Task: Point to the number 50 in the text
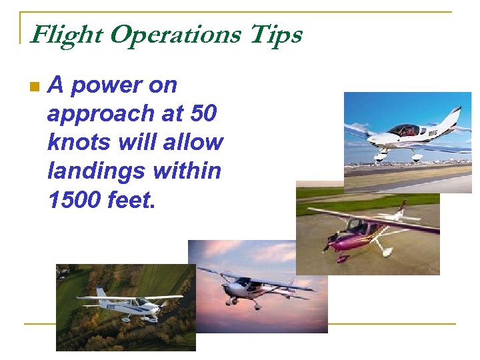203,114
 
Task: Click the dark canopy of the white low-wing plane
404,129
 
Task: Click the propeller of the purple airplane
327,245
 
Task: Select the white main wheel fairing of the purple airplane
385,251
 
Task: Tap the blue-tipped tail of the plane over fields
101,294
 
